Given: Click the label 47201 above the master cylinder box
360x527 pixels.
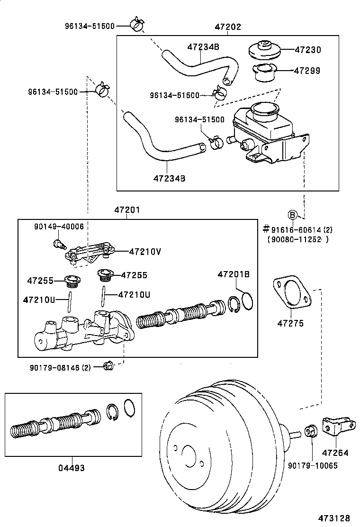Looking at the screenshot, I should pos(127,210).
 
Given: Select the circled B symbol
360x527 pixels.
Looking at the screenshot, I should pos(293,216).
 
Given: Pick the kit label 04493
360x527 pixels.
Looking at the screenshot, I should pos(72,468).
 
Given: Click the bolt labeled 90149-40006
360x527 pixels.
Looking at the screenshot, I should pos(57,244).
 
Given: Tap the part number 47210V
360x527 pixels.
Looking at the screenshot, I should pos(145,252).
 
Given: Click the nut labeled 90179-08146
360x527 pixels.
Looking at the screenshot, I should pos(107,365).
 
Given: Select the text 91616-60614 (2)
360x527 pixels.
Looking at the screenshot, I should pos(302,230).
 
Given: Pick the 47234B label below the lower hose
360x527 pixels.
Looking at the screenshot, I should pos(169,178).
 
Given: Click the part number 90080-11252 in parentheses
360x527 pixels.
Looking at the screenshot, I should pos(295,239).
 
